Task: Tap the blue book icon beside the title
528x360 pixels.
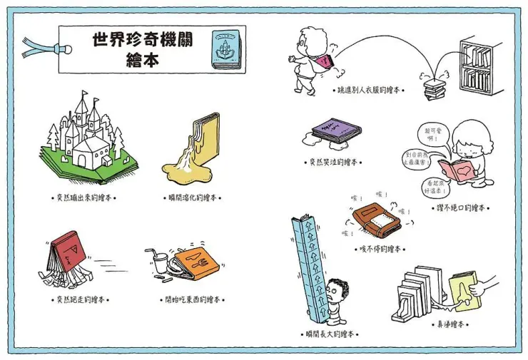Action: pos(226,49)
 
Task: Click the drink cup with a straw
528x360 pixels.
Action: pos(158,261)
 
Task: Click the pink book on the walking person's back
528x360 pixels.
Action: pos(325,63)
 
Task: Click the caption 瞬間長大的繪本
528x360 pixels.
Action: pos(330,334)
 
